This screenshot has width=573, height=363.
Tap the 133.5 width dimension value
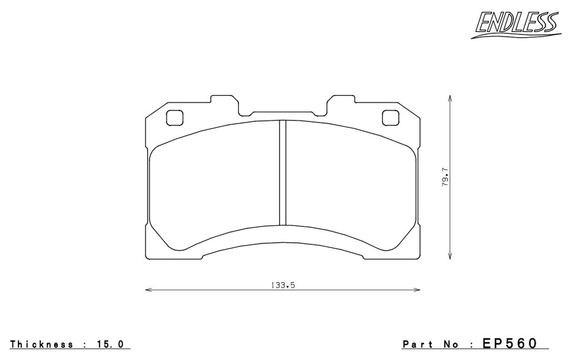click(282, 286)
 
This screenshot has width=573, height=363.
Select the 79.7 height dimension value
click(445, 177)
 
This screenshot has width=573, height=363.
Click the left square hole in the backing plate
click(174, 117)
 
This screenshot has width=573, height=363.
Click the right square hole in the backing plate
click(390, 117)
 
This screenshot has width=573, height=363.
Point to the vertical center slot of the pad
click(282, 172)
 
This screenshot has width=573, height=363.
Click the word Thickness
click(41, 344)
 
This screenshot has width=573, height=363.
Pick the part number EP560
click(510, 344)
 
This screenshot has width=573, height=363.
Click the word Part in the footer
click(417, 344)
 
